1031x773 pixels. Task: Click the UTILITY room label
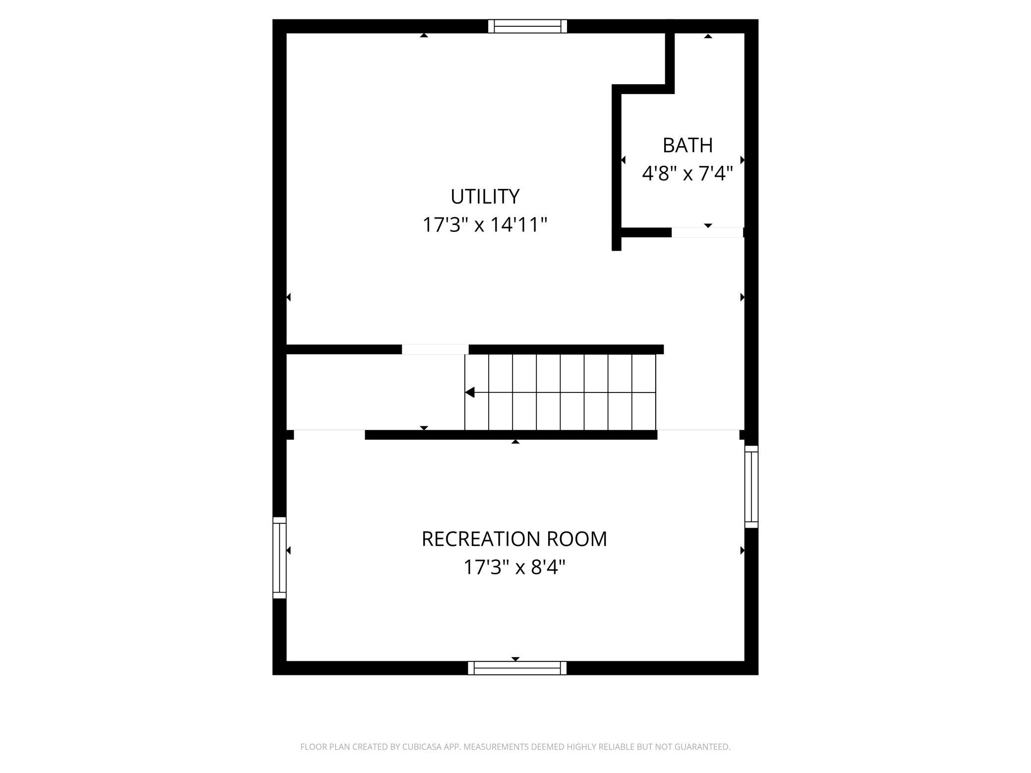tap(485, 196)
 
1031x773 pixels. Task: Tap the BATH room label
tap(687, 145)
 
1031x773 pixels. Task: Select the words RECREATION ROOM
tap(514, 539)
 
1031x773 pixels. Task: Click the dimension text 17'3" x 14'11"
tap(485, 224)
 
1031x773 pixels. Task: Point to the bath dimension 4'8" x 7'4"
tap(687, 173)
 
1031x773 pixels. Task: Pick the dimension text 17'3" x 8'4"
tap(514, 567)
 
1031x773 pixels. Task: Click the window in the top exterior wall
tap(527, 26)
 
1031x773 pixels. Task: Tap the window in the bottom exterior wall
tap(517, 668)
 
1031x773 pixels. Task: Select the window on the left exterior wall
tap(280, 557)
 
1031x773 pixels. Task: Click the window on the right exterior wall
tap(751, 487)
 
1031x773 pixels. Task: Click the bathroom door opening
tap(707, 232)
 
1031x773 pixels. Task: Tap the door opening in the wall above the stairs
tap(435, 349)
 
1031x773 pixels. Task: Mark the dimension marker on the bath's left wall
tap(623, 160)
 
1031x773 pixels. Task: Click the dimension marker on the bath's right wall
tap(743, 160)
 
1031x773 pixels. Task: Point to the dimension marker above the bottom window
tap(515, 659)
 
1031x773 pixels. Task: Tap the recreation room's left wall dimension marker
tap(288, 551)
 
